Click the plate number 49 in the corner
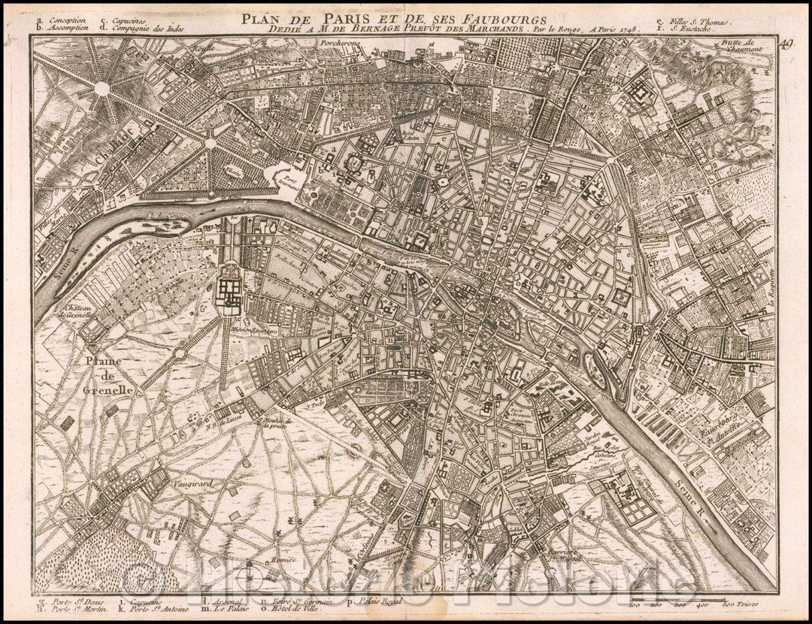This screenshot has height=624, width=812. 786,44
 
